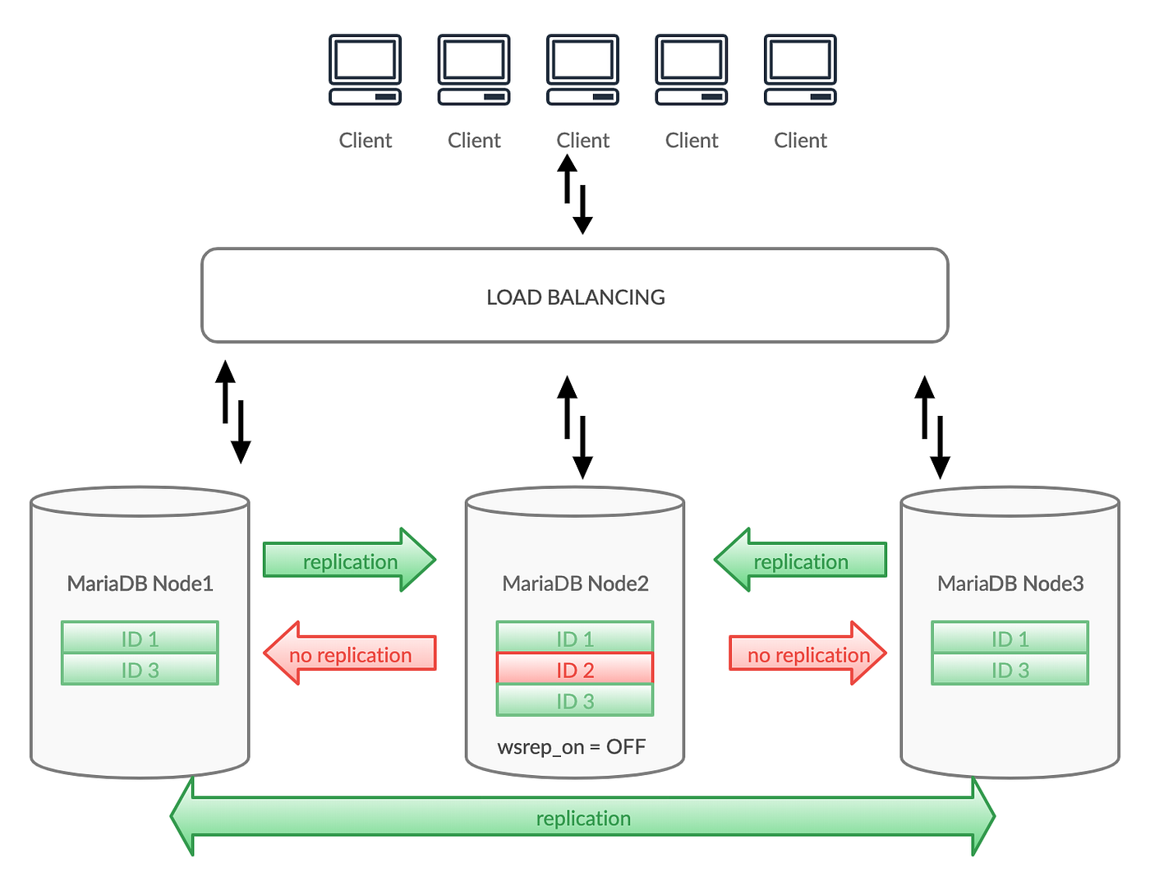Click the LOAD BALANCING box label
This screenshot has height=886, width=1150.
pyautogui.click(x=575, y=297)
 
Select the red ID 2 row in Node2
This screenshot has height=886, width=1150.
pyautogui.click(x=575, y=670)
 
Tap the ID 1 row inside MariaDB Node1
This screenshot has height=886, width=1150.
pyautogui.click(x=140, y=639)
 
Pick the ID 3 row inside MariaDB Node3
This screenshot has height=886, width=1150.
pyautogui.click(x=1010, y=670)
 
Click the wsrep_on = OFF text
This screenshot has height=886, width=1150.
pyautogui.click(x=572, y=747)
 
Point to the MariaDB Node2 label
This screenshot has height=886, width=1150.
pyautogui.click(x=575, y=584)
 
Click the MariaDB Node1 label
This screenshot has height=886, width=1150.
pyautogui.click(x=140, y=584)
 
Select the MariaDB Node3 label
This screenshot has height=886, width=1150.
pyautogui.click(x=1010, y=584)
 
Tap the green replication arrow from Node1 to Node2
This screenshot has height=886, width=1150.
pyautogui.click(x=349, y=561)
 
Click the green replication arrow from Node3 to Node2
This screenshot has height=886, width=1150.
pyautogui.click(x=800, y=561)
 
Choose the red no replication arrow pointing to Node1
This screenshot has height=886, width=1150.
pyautogui.click(x=349, y=654)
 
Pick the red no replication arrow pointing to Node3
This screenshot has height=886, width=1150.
pyautogui.click(x=808, y=654)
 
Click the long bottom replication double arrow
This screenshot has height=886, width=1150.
pyautogui.click(x=582, y=818)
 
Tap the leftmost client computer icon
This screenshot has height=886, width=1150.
pyautogui.click(x=365, y=70)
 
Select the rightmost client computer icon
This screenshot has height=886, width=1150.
pyautogui.click(x=800, y=70)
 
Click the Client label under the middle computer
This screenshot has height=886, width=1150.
pyautogui.click(x=582, y=141)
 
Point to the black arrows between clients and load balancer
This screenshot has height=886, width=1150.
pyautogui.click(x=575, y=194)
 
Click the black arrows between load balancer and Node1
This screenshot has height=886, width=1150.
pyautogui.click(x=233, y=412)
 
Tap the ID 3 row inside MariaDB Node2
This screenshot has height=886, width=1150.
pyautogui.click(x=575, y=701)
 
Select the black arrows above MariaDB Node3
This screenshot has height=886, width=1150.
pyautogui.click(x=932, y=427)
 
